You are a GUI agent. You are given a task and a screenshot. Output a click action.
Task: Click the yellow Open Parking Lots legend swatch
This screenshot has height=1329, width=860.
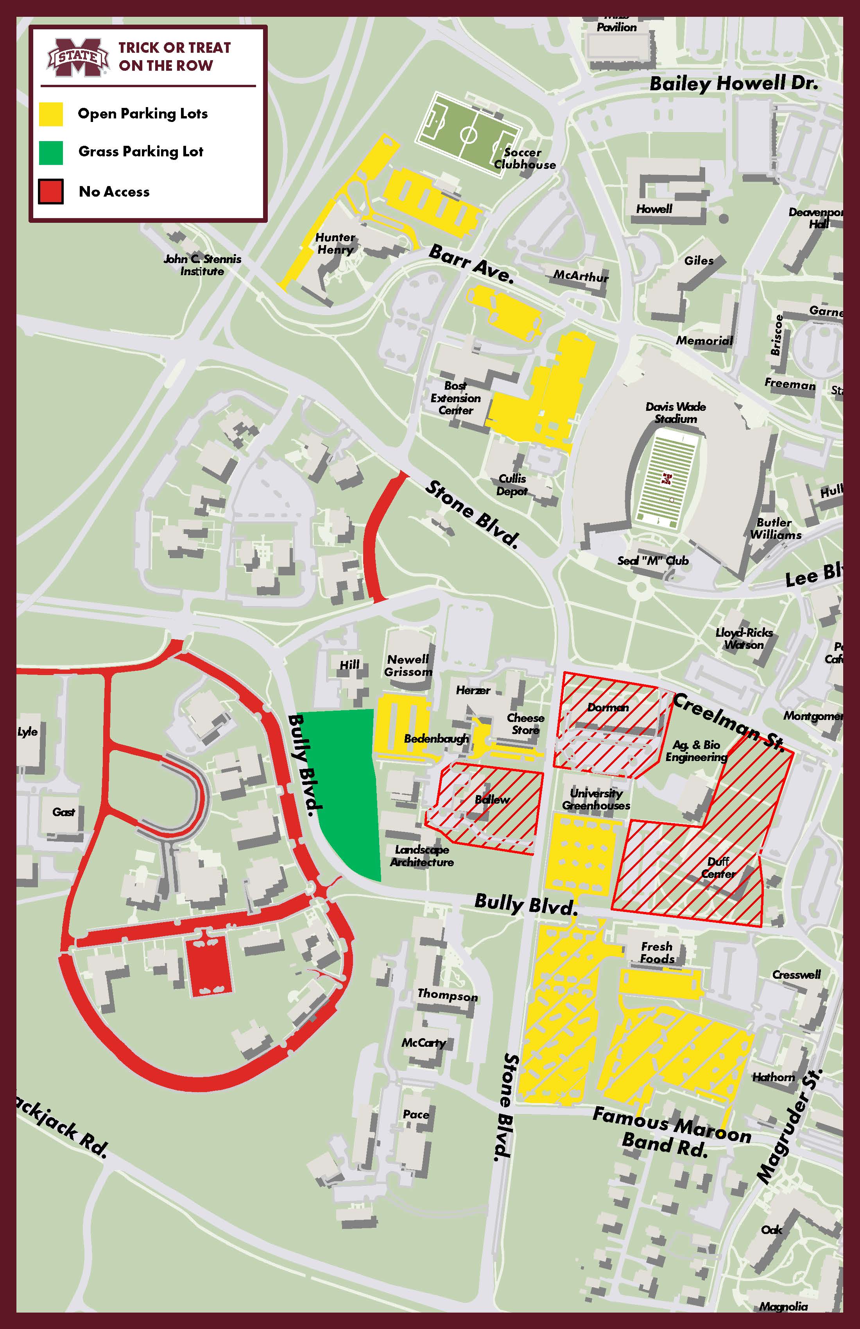pos(51,114)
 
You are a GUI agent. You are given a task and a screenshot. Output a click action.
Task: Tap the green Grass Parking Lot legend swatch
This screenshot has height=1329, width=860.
pos(51,152)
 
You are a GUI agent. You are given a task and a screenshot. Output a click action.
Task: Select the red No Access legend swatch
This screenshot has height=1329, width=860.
pos(51,192)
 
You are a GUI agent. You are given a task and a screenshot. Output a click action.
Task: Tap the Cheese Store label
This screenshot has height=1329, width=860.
pos(525,724)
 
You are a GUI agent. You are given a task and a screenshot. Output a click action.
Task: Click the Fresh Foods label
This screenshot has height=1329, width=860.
pos(657,953)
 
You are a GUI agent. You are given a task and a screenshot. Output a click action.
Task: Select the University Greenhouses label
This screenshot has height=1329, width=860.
pos(596,799)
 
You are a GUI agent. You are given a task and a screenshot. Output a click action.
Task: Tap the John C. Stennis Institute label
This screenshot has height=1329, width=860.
pos(202,265)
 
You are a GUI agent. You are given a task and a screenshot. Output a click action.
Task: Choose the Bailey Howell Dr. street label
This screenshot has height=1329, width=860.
pos(734,84)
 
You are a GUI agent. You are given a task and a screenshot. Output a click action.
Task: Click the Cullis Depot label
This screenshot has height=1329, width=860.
pos(512,485)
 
